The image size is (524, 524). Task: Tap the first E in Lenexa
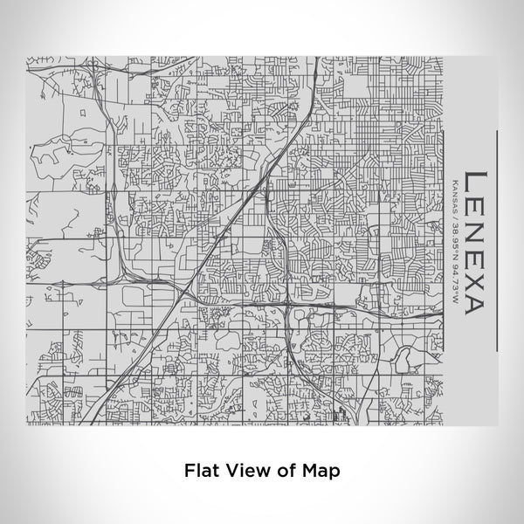pos(472,209)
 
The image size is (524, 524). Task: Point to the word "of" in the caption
pos(278,470)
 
